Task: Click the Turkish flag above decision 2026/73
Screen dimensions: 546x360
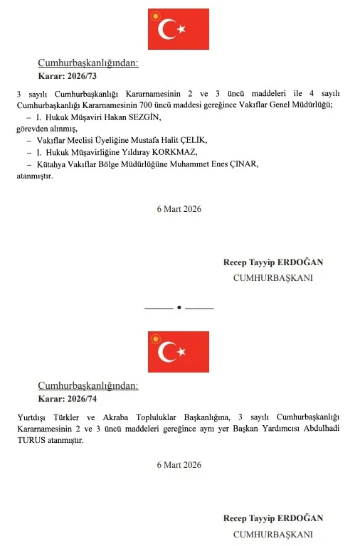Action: [x=179, y=29]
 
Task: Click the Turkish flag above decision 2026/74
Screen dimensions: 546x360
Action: [x=179, y=351]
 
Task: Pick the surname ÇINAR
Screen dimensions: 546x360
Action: [x=243, y=164]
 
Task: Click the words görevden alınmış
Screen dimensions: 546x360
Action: [x=36, y=129]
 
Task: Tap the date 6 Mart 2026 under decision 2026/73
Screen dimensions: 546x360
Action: [x=179, y=209]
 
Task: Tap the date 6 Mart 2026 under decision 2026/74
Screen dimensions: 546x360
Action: [x=179, y=465]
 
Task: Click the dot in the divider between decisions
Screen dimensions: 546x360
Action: [x=179, y=307]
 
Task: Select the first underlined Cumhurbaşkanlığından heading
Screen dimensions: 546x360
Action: [x=88, y=63]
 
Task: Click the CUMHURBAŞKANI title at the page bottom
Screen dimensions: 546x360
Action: [x=273, y=533]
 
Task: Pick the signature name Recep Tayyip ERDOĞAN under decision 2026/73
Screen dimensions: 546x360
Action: [x=273, y=262]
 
